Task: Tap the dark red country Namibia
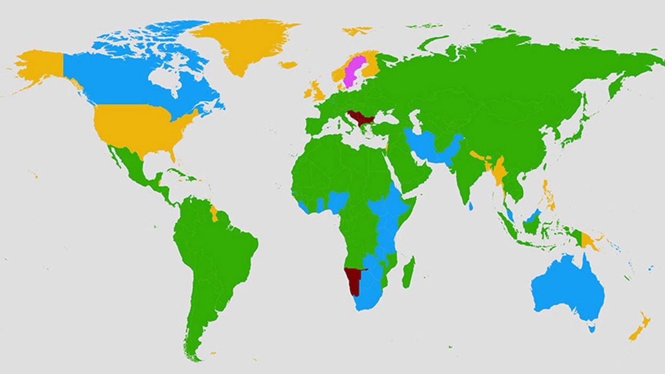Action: pos(353,278)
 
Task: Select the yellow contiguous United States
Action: pos(139,128)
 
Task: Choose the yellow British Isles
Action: pos(315,92)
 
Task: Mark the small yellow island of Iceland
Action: pos(287,65)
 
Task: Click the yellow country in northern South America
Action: pos(214,213)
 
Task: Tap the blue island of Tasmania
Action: pos(592,329)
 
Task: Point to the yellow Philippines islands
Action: pos(549,195)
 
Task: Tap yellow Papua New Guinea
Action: pos(590,241)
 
